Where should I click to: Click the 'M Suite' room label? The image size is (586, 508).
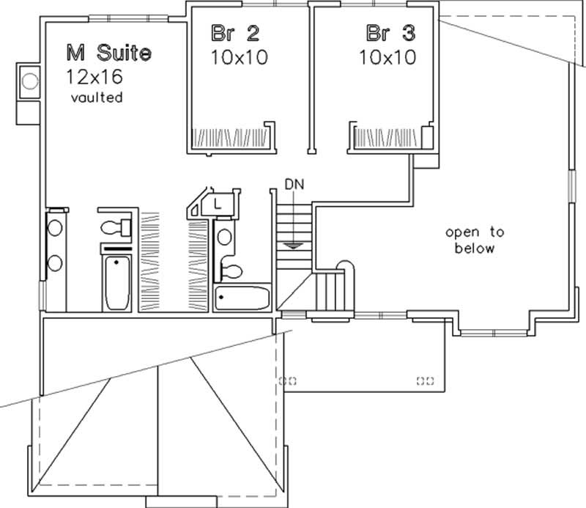pos(109,53)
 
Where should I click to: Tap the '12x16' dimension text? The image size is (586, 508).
pos(96,76)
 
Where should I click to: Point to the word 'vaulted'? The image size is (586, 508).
pos(96,97)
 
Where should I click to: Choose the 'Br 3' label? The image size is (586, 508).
pos(387,33)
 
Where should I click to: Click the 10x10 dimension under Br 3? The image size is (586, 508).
pos(387,56)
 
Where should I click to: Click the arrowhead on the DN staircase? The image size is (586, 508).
pos(293,246)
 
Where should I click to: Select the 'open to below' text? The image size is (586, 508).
pos(475,240)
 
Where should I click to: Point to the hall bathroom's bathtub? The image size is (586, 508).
pos(242,298)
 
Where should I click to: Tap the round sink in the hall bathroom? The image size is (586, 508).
pos(225,237)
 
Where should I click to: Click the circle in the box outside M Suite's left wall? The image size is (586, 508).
pos(30,81)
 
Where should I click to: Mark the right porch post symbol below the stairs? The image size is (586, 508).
pos(425,380)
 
